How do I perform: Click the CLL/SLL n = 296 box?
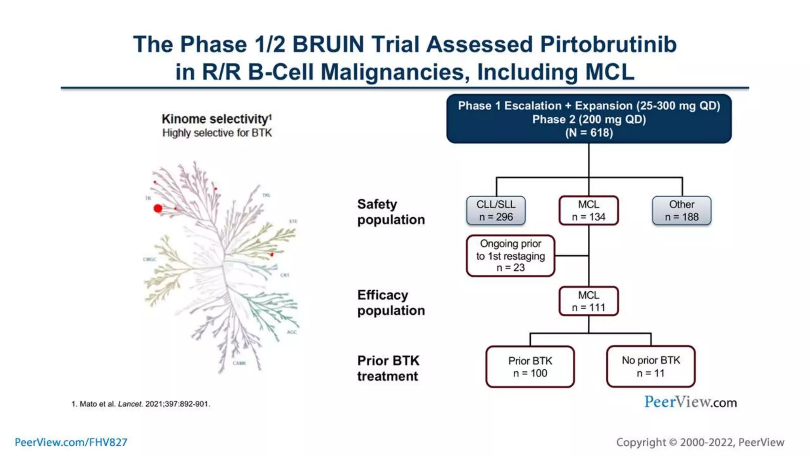(496, 211)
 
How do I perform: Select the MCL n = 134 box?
(589, 211)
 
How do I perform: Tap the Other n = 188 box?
(681, 211)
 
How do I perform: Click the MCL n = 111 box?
(589, 301)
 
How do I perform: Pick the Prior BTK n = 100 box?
(530, 367)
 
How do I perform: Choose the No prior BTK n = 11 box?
(651, 367)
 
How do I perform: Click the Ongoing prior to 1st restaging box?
(510, 256)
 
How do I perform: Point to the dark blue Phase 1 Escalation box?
(589, 119)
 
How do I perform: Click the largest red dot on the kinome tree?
(158, 208)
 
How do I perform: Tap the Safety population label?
(391, 212)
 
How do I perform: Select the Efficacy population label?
(391, 303)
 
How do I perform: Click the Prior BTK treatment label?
(388, 368)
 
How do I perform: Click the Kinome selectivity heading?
(216, 119)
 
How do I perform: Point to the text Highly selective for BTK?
(217, 133)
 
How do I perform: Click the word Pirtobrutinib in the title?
(608, 44)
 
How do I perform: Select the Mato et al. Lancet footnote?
(141, 404)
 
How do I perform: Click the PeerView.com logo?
(690, 402)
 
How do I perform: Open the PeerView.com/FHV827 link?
(71, 442)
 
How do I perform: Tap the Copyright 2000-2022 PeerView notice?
(700, 442)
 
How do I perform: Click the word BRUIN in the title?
(328, 44)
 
